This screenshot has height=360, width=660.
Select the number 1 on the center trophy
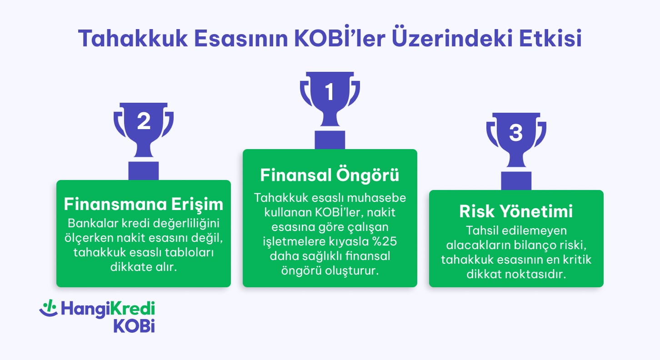tap(330, 93)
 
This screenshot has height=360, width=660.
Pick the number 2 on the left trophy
tap(144, 122)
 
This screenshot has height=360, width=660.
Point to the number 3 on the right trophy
tap(516, 133)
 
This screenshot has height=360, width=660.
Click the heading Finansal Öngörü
tap(330, 175)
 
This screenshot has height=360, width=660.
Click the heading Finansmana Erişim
tap(144, 204)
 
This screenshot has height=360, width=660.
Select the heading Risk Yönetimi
tap(516, 212)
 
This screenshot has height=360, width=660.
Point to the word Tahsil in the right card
tap(482, 230)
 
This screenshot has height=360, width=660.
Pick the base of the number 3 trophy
tap(516, 180)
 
